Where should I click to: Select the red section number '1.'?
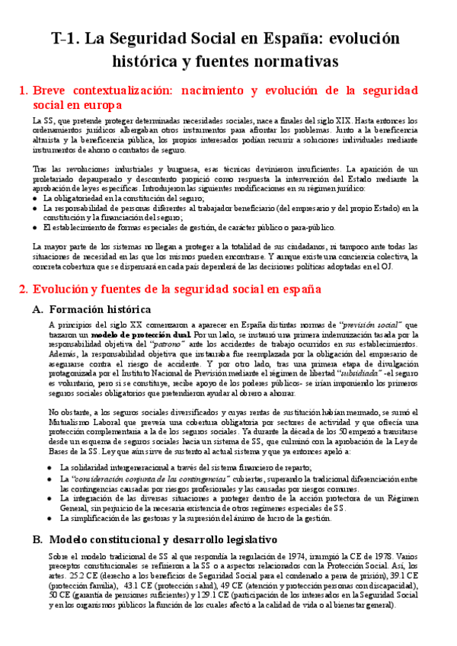pyautogui.click(x=23, y=91)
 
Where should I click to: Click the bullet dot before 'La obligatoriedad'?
pyautogui.click(x=36, y=198)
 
